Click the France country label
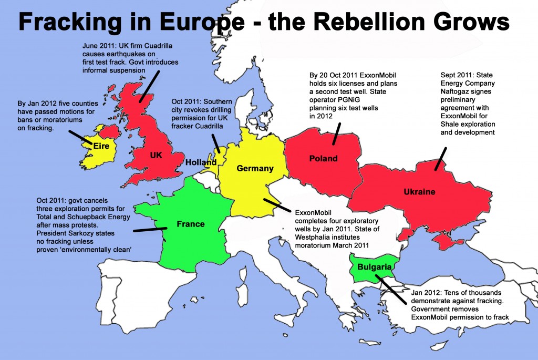click(190, 224)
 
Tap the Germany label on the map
click(255, 168)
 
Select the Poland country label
click(323, 158)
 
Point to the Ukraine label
click(419, 192)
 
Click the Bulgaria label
click(374, 267)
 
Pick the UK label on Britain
click(156, 156)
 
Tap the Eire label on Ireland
click(101, 146)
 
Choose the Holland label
click(201, 163)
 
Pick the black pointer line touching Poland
click(337, 133)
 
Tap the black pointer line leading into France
click(150, 229)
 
